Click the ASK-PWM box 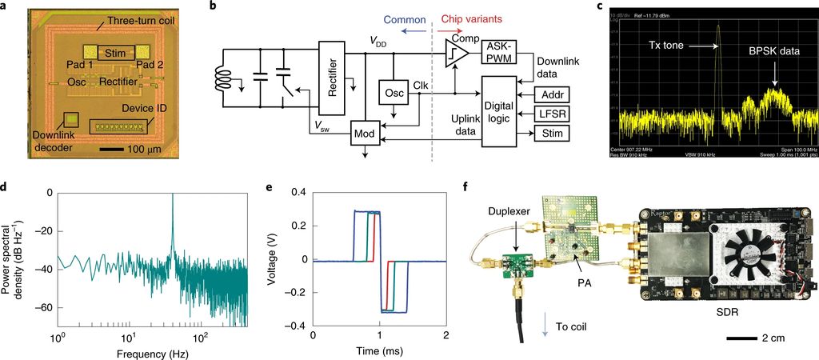499,53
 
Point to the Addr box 551,94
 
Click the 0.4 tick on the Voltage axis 299,193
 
